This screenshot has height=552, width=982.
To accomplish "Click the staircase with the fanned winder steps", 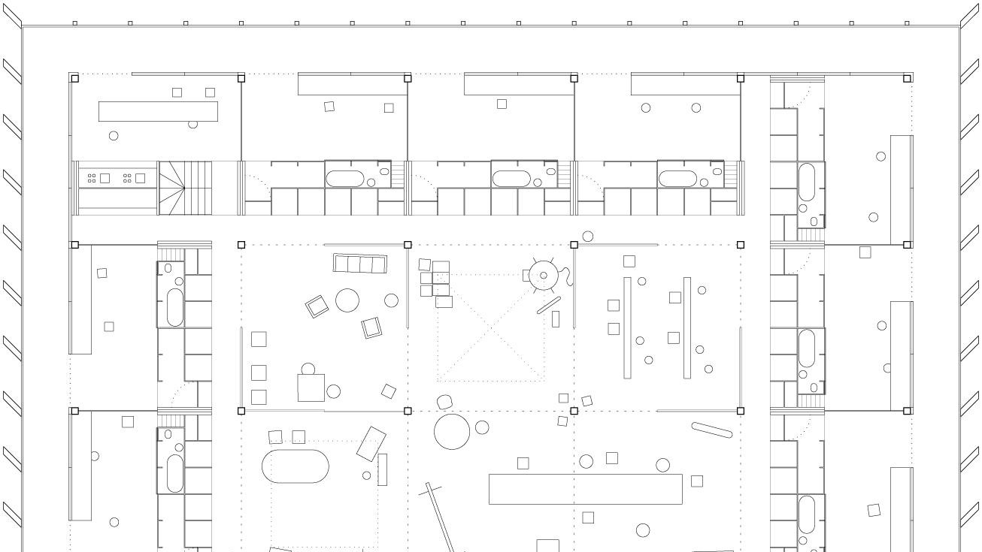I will tap(184, 188).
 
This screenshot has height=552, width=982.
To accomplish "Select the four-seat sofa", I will tap(359, 264).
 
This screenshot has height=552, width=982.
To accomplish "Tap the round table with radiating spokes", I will tap(543, 276).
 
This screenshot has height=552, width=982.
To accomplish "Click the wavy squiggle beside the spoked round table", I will tap(570, 275).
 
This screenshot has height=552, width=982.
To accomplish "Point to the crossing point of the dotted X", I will tap(491, 328).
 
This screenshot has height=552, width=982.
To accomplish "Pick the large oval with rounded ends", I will tap(296, 466).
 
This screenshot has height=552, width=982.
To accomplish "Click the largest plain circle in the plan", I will tap(452, 432).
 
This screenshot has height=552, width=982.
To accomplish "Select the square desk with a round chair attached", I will tap(311, 387).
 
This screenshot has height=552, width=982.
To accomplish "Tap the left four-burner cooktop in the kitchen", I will tap(92, 178).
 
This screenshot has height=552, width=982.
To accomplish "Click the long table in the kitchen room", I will tap(158, 112).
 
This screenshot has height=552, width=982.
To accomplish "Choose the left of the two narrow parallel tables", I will tap(627, 327).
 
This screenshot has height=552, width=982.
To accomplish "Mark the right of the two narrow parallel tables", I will tap(686, 327).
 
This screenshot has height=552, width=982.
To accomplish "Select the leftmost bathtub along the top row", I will tap(344, 179).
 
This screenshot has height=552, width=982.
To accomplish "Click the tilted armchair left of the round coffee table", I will tap(317, 306).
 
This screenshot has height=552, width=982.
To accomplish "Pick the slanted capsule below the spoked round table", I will tap(549, 306).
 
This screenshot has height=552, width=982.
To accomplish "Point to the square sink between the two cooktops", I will tap(105, 178).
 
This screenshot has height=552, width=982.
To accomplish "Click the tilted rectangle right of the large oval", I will tap(371, 443).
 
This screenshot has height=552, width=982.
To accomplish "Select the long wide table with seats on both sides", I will tap(585, 489).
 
